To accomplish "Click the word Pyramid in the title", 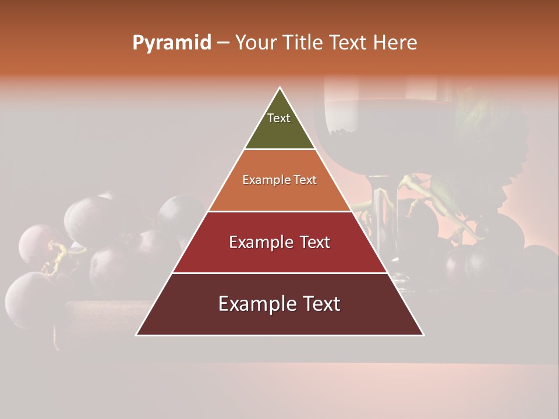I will [171, 43].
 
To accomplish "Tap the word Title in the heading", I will [302, 43].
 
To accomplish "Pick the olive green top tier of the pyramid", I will [279, 131].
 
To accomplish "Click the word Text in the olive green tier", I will [279, 118].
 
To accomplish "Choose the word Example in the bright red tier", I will [256, 242].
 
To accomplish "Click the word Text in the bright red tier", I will [314, 242].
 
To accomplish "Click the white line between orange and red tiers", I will [279, 211].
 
